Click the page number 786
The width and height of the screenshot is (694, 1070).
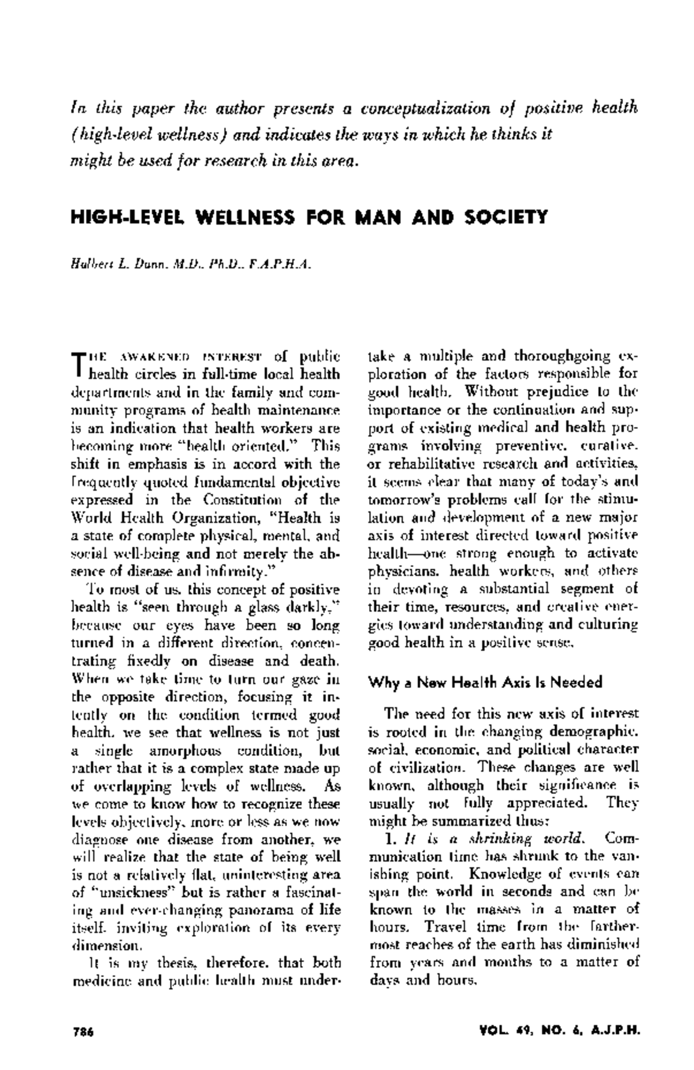(83, 1031)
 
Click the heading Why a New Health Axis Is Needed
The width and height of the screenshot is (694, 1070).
(485, 682)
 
